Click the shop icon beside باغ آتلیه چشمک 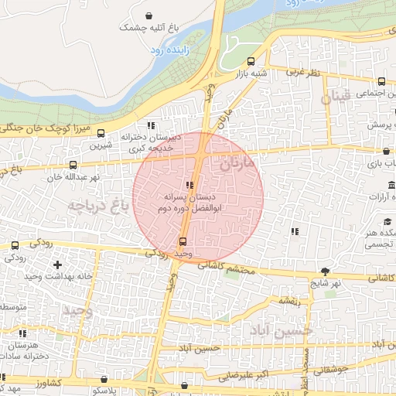pos(148,15)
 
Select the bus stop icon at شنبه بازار pos(250,62)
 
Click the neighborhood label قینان pos(337,97)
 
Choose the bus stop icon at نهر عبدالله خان pos(73,165)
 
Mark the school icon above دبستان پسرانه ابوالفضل pos(190,184)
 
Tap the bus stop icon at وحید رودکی pos(183,241)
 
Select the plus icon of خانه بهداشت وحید pos(57,265)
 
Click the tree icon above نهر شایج pos(325,271)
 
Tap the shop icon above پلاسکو pos(104,380)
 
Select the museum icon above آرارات pos(391,185)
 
